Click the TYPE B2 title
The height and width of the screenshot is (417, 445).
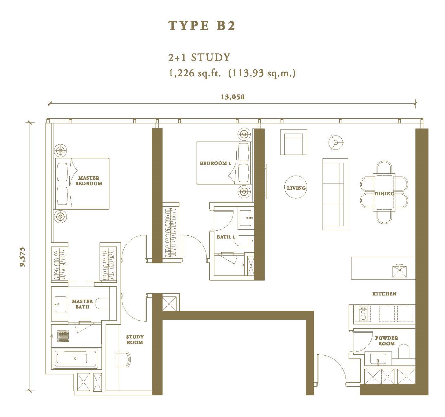pyautogui.click(x=202, y=25)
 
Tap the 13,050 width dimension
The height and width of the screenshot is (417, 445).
pyautogui.click(x=233, y=97)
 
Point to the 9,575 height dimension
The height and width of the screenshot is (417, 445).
pyautogui.click(x=23, y=257)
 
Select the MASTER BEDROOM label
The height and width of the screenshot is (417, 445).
pyautogui.click(x=88, y=181)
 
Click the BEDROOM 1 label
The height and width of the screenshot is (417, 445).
pyautogui.click(x=215, y=163)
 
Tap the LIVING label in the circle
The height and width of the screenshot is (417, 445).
pyautogui.click(x=296, y=188)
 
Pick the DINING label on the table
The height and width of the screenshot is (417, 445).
pyautogui.click(x=384, y=194)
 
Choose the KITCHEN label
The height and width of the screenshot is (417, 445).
pyautogui.click(x=384, y=294)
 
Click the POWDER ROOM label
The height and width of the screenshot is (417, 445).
pyautogui.click(x=386, y=341)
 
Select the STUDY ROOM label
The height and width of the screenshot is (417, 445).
pyautogui.click(x=135, y=339)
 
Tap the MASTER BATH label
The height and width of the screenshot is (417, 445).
pyautogui.click(x=82, y=304)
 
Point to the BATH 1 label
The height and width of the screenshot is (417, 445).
pyautogui.click(x=226, y=237)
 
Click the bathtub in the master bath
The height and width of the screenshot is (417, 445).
pyautogui.click(x=75, y=358)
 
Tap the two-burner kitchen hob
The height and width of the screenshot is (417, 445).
pyautogui.click(x=363, y=314)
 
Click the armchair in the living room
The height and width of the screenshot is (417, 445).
pyautogui.click(x=294, y=142)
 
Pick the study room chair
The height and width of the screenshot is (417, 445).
pyautogui.click(x=123, y=359)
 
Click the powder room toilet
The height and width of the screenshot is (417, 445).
pyautogui.click(x=404, y=351)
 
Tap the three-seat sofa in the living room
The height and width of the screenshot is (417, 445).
pyautogui.click(x=335, y=194)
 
